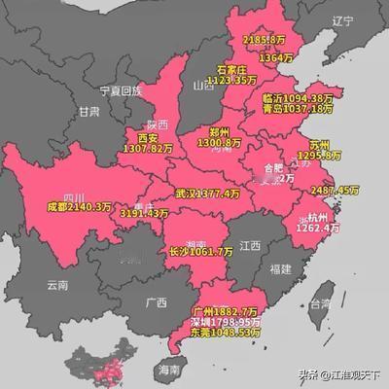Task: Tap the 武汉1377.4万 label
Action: coord(207,194)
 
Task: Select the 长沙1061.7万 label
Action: coord(201,252)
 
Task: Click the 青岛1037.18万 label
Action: coord(298,109)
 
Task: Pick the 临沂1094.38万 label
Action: coord(298,97)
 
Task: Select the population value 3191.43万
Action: coord(145,213)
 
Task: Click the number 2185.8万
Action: coord(264,40)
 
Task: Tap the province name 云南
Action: coord(58,286)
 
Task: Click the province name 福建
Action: coord(281,266)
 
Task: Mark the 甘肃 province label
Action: coord(90,112)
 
